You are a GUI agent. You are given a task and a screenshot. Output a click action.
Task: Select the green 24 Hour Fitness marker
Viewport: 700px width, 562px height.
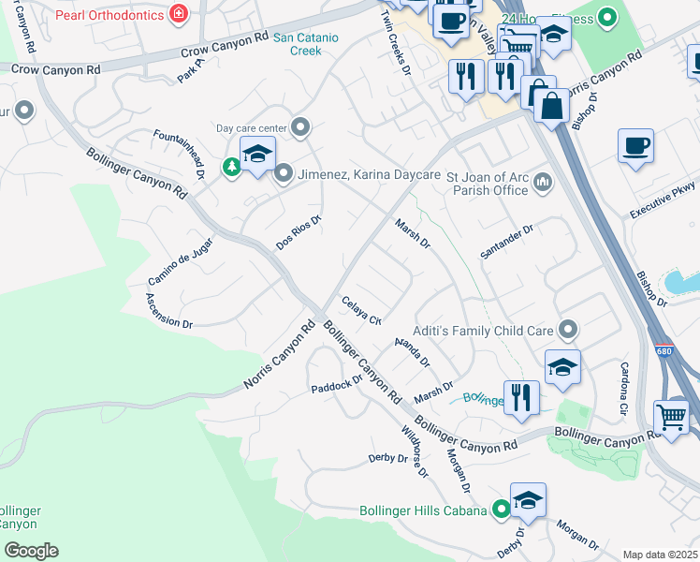[x=607, y=17]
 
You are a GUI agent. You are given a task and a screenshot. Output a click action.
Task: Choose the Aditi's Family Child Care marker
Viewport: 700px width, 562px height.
[x=567, y=330]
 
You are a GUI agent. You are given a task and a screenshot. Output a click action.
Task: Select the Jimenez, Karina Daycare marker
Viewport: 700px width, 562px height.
[x=284, y=174]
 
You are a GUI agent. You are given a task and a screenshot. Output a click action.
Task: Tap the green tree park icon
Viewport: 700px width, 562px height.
[x=229, y=168]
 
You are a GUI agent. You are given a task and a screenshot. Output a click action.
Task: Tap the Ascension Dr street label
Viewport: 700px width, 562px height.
[x=168, y=311]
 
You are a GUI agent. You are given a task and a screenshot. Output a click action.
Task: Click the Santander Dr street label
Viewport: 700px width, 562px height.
[x=506, y=243]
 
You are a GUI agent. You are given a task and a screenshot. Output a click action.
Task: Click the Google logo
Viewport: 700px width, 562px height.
[x=31, y=550]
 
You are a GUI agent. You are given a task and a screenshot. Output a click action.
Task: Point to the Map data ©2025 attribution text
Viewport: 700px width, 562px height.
[x=659, y=555]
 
